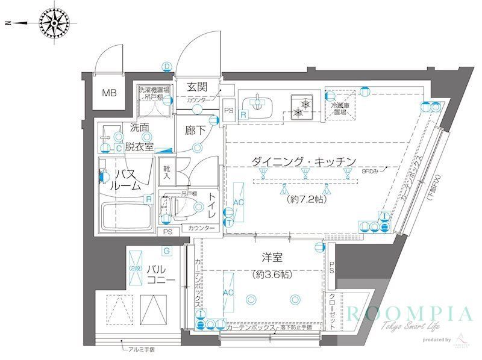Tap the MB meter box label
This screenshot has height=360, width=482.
pos(109,93)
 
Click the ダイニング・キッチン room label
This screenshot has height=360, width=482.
pos(304,161)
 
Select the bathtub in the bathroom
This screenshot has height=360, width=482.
pos(127,217)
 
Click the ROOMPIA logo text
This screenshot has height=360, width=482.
pos(408,314)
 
